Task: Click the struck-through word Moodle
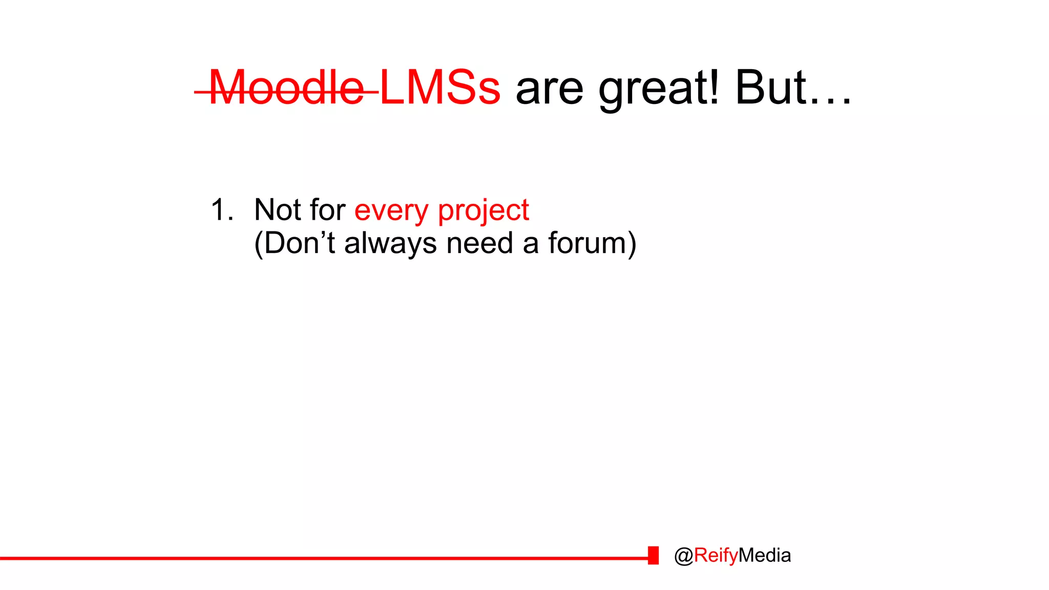coord(287,88)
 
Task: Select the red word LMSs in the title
coord(440,88)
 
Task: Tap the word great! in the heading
coord(659,88)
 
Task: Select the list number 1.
coord(221,210)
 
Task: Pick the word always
coord(390,244)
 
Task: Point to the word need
coord(479,243)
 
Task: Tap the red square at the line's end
coord(653,555)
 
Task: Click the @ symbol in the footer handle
coord(684,556)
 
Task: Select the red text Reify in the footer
coord(716,556)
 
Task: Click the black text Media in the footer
coord(765,555)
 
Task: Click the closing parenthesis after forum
coord(632,244)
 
